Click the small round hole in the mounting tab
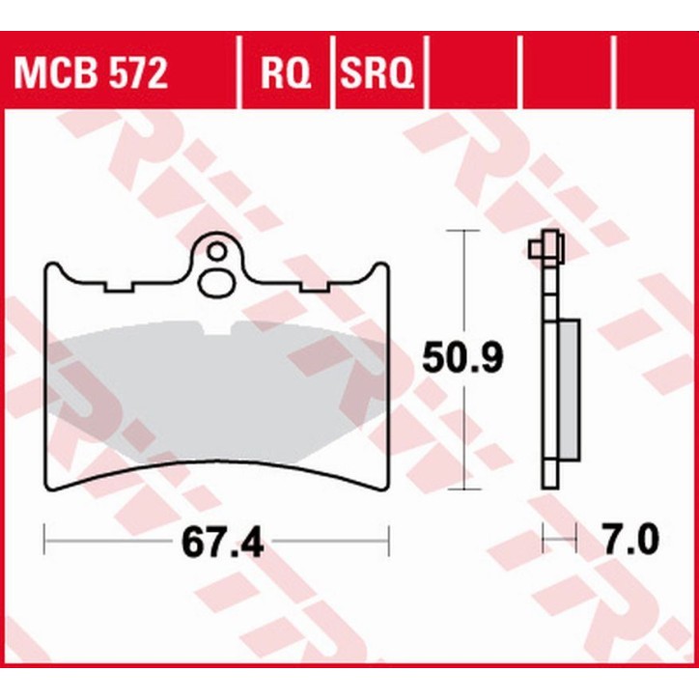point(217,254)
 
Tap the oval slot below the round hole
point(216,283)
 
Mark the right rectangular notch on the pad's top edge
point(316,287)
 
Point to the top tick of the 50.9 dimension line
point(466,232)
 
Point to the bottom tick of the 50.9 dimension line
point(466,489)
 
